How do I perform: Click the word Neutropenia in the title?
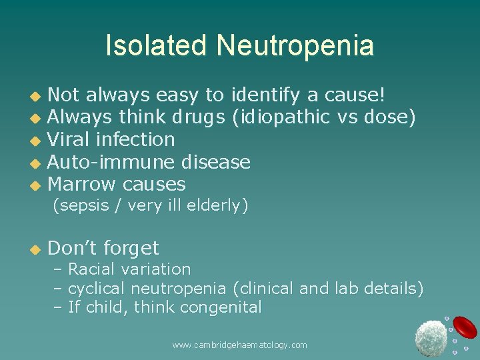tap(295, 46)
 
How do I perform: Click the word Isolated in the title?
tap(157, 46)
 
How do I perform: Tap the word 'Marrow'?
tap(81, 184)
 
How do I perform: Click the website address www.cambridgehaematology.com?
tap(239, 345)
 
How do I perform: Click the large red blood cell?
tap(463, 327)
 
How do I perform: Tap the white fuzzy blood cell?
tap(430, 338)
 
